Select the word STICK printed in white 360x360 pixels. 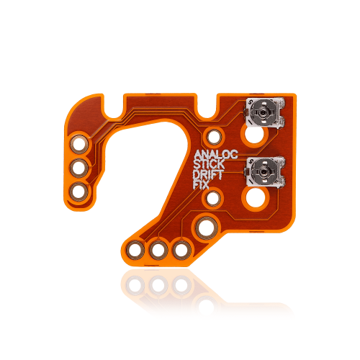209,164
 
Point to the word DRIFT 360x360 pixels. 207,174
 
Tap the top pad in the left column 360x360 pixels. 78,144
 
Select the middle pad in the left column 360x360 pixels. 78,168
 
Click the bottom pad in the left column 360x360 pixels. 78,192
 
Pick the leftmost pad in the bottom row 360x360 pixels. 134,250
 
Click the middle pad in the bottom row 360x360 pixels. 157,250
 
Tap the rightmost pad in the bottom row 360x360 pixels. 180,250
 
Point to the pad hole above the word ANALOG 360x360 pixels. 213,135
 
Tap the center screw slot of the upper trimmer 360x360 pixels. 263,112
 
